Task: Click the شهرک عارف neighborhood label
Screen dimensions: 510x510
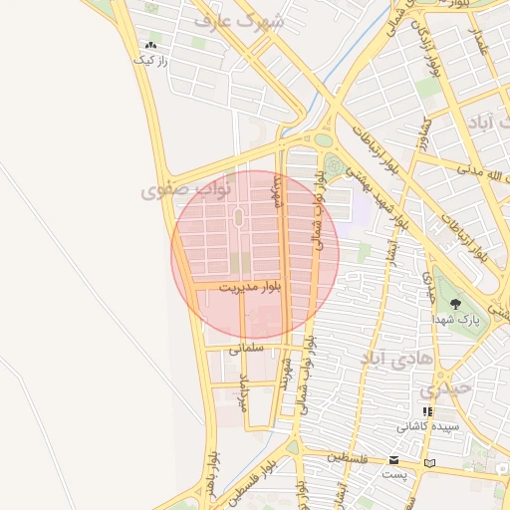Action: point(239,20)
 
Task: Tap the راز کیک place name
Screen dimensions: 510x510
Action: point(152,60)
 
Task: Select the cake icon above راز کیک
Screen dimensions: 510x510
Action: point(151,46)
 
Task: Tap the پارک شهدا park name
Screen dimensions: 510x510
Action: point(455,320)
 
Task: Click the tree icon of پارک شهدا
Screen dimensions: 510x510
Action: point(455,304)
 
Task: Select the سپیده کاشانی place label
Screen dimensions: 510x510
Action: point(428,426)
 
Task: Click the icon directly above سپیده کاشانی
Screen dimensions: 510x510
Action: point(428,411)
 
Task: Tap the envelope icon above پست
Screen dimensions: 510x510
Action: point(395,460)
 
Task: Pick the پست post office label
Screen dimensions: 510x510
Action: point(395,474)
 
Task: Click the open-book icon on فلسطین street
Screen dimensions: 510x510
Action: point(429,463)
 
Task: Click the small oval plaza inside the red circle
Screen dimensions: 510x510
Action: point(238,217)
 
